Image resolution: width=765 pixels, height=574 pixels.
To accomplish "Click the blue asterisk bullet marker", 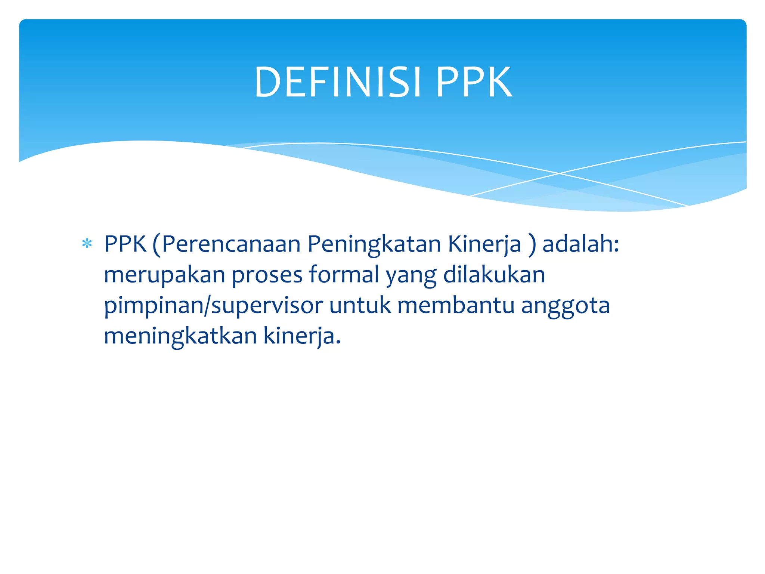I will tap(87, 244).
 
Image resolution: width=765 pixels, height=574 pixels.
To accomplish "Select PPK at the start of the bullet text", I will tap(125, 244).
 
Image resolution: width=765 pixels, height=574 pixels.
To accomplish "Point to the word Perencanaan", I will tap(231, 244).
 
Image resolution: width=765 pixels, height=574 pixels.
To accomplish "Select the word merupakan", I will tap(164, 275).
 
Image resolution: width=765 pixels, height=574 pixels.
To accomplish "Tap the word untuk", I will tap(360, 305).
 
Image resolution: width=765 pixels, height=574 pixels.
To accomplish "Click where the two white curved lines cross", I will tap(559, 173).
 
